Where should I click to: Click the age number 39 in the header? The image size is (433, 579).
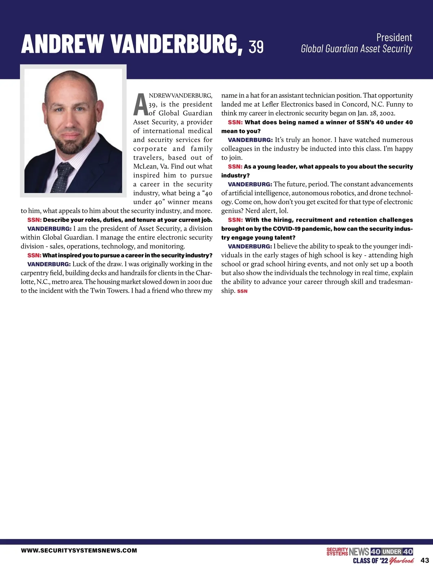click(256, 47)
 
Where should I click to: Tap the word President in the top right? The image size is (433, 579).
click(394, 37)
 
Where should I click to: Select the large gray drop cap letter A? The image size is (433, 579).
click(140, 104)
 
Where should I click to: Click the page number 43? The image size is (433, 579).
click(425, 560)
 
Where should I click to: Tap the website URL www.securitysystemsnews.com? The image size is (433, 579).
click(79, 550)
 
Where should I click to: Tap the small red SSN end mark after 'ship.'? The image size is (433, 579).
click(242, 291)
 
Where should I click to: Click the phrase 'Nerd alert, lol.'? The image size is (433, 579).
click(267, 211)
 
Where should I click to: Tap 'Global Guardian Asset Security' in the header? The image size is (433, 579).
click(356, 49)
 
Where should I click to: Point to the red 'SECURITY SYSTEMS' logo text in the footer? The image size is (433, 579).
click(337, 552)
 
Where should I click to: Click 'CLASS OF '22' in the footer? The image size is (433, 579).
click(370, 561)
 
